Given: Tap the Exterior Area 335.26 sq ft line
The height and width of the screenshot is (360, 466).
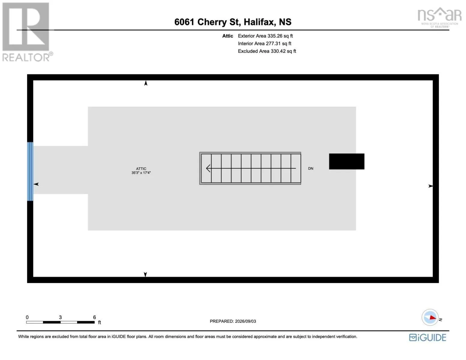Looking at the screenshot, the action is (265, 36).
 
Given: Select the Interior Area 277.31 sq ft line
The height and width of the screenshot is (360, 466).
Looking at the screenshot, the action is (264, 43).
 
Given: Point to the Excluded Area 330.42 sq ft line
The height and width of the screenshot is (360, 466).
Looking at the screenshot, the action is (267, 51).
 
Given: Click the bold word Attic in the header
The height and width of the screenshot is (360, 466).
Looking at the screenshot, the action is (227, 36).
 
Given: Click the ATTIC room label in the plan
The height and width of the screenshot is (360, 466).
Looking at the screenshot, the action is (141, 169).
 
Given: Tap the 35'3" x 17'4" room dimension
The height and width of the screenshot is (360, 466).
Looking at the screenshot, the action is (141, 172).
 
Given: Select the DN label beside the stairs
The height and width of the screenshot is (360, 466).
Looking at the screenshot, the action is (311, 169).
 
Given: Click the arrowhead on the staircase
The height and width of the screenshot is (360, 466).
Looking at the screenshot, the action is (208, 168).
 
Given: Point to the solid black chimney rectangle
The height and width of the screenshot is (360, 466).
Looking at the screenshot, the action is (347, 161).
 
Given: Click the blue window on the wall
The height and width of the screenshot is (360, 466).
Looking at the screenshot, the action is (30, 172).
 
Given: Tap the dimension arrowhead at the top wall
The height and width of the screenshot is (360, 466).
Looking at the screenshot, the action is (146, 83).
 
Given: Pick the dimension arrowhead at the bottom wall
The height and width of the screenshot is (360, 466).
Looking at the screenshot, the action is (146, 274).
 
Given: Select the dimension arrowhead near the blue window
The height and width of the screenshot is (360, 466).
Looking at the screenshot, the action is (36, 184).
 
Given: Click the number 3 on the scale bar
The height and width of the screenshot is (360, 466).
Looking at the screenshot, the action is (60, 317).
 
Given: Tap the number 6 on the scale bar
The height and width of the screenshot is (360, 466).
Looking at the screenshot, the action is (94, 317).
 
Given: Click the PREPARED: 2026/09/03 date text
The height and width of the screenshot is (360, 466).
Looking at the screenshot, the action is (233, 321).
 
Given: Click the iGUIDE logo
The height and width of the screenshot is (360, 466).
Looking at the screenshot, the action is (427, 337).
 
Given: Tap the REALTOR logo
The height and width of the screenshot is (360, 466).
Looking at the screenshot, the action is (27, 32).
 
